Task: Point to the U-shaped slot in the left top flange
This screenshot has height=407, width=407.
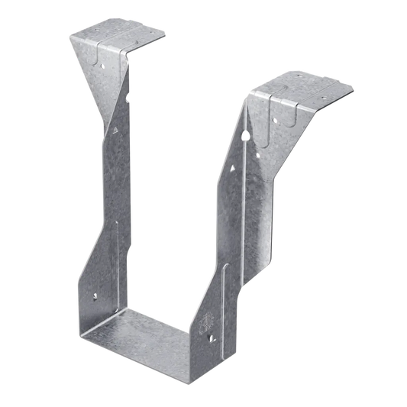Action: pos(100,54)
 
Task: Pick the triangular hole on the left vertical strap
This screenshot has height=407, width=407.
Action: pos(111,132)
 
